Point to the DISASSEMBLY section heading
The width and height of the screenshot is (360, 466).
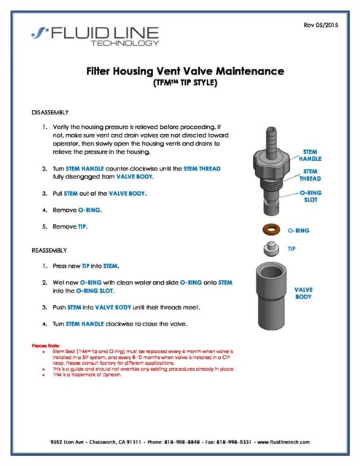[52, 113]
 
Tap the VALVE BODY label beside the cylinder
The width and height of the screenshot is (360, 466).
[307, 293]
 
